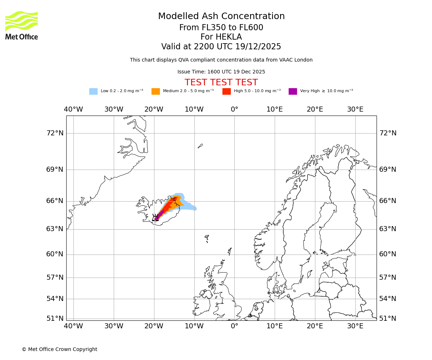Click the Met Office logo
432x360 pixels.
pos(22,25)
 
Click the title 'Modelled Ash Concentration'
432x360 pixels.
pos(221,17)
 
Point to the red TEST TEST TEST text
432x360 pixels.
pos(221,82)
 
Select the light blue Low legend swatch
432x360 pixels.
pos(93,91)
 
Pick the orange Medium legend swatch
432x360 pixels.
pos(156,91)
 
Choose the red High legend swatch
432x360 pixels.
pos(226,91)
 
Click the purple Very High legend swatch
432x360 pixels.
pos(293,91)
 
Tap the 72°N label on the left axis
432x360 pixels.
pos(55,133)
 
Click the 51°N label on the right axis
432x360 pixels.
pos(388,319)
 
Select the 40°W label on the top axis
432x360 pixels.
pos(73,109)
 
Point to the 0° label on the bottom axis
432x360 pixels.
pos(234,326)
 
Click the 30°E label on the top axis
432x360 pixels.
pos(355,109)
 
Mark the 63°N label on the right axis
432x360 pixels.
pos(388,229)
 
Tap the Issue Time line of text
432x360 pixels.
pos(221,72)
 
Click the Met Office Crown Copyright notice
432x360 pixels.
pos(59,350)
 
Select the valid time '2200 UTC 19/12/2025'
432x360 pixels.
pos(237,47)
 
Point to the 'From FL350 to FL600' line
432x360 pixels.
pos(221,28)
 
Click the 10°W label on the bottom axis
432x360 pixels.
pos(194,326)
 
